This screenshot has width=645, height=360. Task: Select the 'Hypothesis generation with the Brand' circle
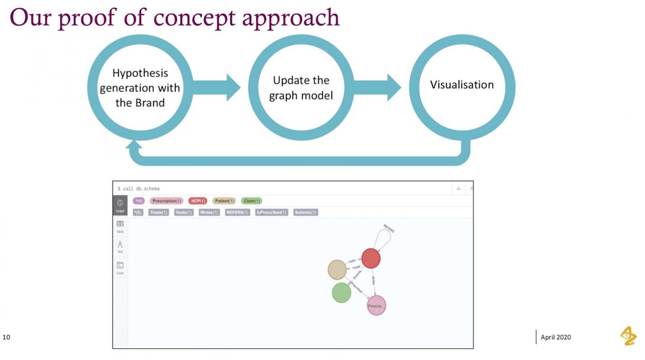coord(140,87)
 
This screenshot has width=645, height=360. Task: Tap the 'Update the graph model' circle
coord(301,87)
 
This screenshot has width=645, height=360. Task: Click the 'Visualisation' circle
coord(462,85)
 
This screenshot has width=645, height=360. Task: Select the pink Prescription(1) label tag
coord(166,201)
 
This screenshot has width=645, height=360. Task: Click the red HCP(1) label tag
coord(197,201)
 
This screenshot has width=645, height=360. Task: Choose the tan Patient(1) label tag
coord(224,201)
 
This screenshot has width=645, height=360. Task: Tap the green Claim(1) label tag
coord(252,201)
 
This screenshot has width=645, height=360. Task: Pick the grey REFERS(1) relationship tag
coord(237,213)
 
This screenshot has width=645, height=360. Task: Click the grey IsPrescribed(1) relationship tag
coord(271,213)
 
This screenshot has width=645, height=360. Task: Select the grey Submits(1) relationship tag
coord(305,213)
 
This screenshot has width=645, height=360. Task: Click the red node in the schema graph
coord(371,258)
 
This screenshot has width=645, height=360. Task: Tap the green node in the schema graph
coord(341,293)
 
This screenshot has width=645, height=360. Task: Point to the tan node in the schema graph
coord(337,270)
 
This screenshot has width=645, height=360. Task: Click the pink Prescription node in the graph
coord(376,305)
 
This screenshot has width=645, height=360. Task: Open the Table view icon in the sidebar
coord(120,226)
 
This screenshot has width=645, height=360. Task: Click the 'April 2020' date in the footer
coord(556,337)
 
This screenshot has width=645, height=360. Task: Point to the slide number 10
coord(6,337)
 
